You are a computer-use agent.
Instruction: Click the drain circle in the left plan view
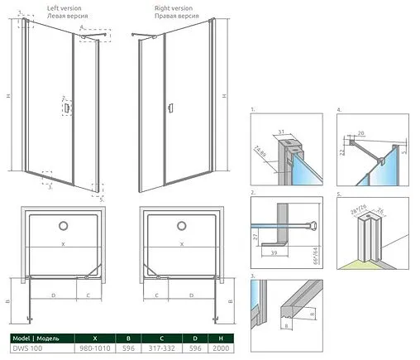click(x=64, y=225)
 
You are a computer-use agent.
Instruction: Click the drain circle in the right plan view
click(x=182, y=225)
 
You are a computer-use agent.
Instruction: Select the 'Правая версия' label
click(x=174, y=16)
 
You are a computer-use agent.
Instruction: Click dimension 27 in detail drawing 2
click(x=256, y=236)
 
